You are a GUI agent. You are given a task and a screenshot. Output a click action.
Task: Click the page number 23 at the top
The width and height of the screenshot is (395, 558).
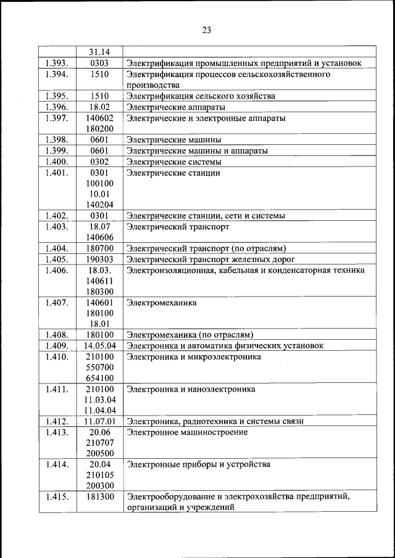[206, 30]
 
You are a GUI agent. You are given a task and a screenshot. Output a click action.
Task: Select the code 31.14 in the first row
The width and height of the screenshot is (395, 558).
[99, 52]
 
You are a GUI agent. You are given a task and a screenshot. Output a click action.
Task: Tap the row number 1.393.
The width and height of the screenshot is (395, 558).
[57, 63]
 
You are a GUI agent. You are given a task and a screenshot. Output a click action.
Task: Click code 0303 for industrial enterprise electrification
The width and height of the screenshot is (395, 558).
[99, 63]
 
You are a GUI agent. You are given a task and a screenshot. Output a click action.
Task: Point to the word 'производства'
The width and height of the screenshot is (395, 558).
[152, 85]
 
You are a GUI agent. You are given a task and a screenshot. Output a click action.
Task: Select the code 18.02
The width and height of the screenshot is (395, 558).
[99, 107]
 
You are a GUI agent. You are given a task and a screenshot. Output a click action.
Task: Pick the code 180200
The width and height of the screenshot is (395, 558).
[99, 129]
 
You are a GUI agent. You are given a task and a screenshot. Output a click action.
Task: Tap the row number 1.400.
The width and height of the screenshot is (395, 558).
[57, 162]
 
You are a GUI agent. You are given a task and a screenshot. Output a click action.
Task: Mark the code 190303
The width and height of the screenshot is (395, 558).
[99, 260]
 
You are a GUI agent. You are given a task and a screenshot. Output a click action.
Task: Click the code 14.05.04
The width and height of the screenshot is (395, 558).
[100, 346]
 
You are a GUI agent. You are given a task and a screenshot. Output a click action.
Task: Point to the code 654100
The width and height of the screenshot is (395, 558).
[99, 379]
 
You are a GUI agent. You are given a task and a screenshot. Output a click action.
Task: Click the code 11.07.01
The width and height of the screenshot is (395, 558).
[100, 422]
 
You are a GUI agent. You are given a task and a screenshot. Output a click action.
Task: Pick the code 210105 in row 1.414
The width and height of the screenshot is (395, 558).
[99, 475]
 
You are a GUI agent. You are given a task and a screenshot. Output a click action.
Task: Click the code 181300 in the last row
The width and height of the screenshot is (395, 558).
[99, 497]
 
